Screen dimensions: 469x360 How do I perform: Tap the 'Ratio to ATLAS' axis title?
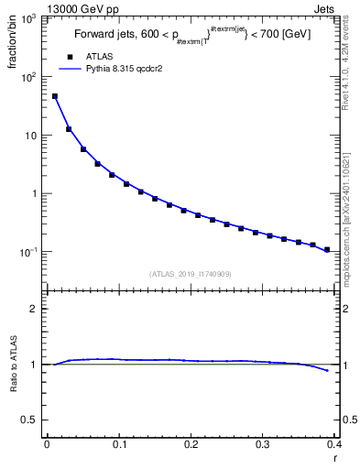coord(16,390)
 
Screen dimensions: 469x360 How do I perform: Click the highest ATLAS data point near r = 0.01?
coord(55,96)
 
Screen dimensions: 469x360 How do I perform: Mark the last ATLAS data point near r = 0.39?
coord(327,249)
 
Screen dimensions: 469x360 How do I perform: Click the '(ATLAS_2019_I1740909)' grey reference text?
coord(190,274)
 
